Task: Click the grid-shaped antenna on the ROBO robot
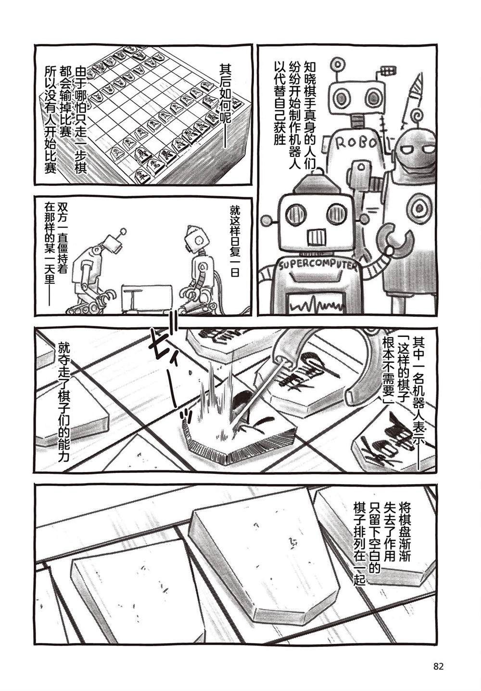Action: click(387, 71)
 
